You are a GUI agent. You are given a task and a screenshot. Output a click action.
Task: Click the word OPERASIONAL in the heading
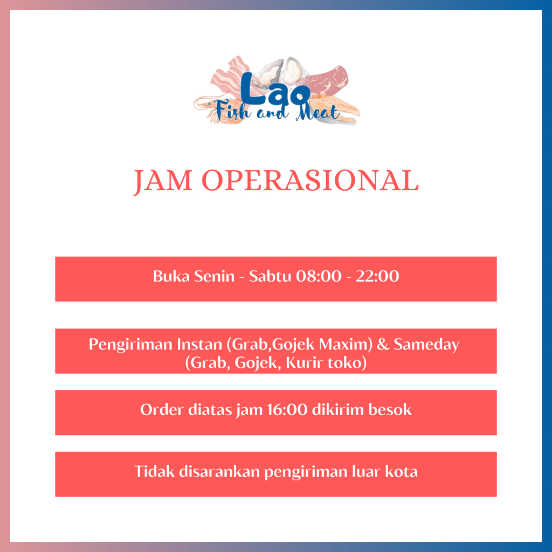(310, 180)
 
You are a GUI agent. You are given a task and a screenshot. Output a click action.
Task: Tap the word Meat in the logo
(318, 112)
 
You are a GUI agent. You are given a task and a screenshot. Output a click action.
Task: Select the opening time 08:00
(319, 276)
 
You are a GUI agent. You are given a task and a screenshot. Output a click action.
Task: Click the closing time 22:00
(377, 276)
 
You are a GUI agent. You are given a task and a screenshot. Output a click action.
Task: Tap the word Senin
(215, 276)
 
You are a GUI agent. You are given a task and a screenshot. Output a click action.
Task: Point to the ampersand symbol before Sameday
(383, 344)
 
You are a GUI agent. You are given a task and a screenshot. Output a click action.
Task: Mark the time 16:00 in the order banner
(287, 410)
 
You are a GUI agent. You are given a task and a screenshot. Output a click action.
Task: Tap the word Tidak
(154, 472)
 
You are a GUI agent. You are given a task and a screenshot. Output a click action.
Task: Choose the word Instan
(199, 344)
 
